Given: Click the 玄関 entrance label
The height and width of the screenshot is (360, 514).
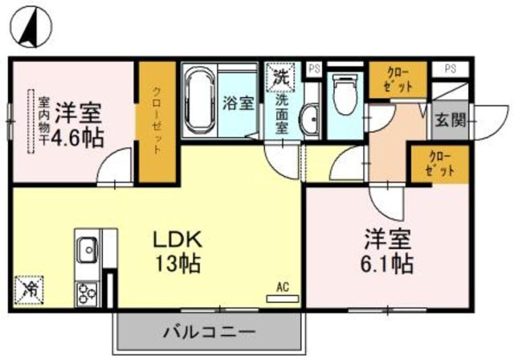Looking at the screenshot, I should (450, 121).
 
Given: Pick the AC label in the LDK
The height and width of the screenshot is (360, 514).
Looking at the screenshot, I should (282, 286).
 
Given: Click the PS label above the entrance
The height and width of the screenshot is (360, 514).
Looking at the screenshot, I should (451, 69).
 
